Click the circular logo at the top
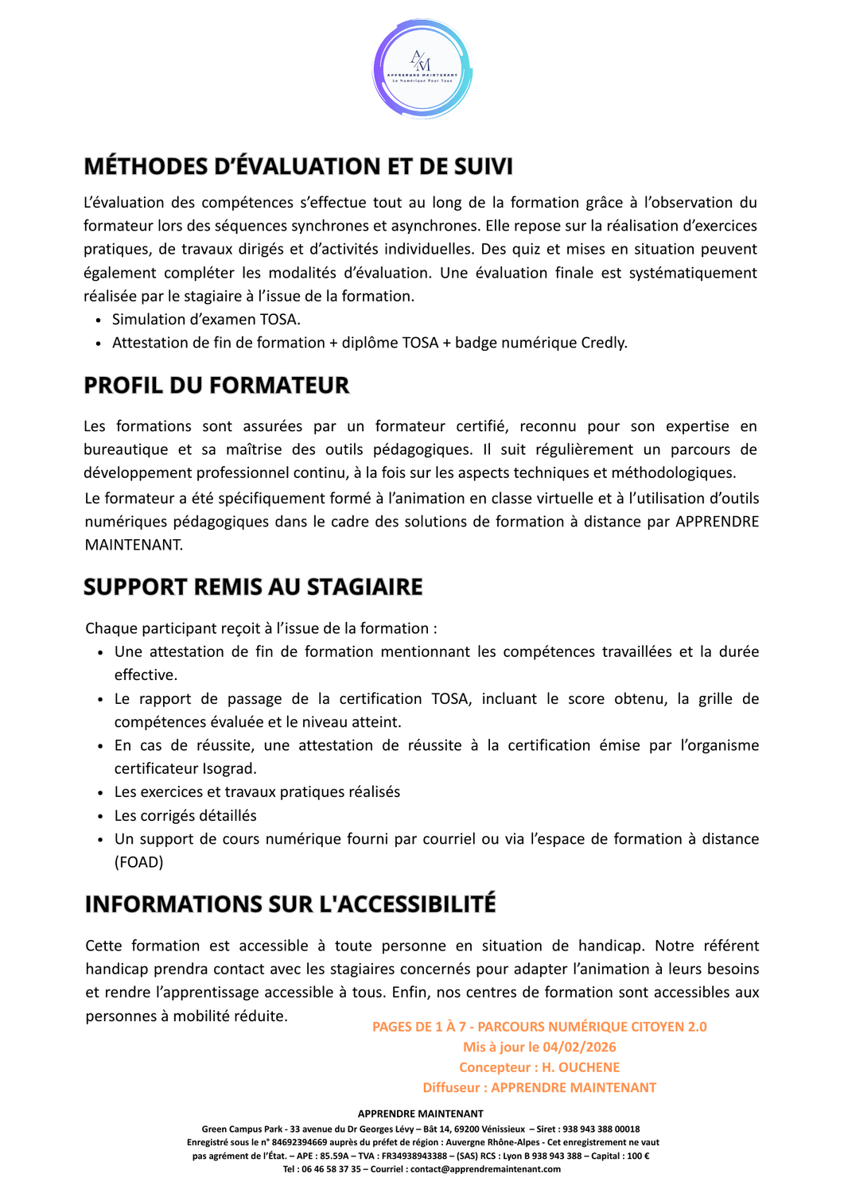422,69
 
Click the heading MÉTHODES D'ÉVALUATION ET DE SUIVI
298,166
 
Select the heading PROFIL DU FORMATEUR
216,386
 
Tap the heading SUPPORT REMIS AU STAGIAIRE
253,587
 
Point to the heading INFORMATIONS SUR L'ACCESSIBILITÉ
290,904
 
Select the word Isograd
229,768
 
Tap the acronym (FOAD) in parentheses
139,862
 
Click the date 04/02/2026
579,1047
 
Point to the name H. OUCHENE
581,1067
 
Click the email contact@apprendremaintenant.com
485,1169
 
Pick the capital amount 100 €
638,1156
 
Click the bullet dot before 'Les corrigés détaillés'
100,816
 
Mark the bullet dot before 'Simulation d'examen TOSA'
98,321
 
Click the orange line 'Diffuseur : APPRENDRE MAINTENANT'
539,1088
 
